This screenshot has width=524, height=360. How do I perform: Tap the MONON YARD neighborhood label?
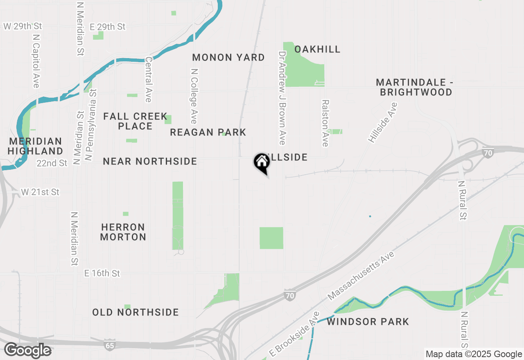pyautogui.click(x=228, y=58)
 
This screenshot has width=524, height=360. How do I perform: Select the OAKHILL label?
pyautogui.click(x=317, y=49)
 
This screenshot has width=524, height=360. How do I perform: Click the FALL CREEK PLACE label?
pyautogui.click(x=135, y=122)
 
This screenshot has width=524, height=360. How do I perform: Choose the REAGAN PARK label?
pyautogui.click(x=208, y=133)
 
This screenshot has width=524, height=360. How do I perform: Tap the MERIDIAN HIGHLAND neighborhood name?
pyautogui.click(x=36, y=146)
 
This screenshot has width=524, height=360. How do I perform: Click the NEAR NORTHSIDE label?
pyautogui.click(x=150, y=162)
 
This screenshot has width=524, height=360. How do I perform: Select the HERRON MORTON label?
pyautogui.click(x=123, y=232)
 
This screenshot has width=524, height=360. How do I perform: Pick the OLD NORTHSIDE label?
pyautogui.click(x=136, y=313)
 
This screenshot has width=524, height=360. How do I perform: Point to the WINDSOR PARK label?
pyautogui.click(x=368, y=322)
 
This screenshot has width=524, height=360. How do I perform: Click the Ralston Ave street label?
pyautogui.click(x=325, y=123)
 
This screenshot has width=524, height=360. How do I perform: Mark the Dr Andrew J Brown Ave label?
pyautogui.click(x=282, y=98)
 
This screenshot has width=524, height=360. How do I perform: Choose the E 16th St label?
pyautogui.click(x=102, y=273)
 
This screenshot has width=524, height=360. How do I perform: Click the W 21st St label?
pyautogui.click(x=40, y=192)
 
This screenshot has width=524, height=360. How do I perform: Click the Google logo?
pyautogui.click(x=28, y=350)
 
